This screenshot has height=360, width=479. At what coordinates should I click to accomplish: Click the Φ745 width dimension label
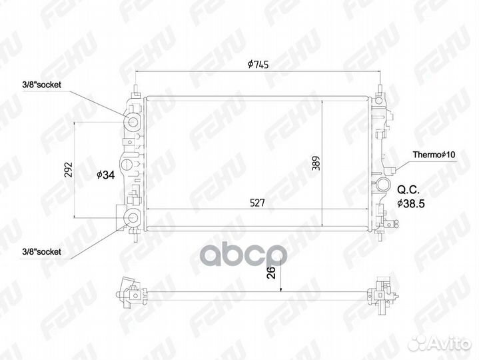point(257,65)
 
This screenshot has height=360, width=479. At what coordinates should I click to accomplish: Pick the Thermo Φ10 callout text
point(434,155)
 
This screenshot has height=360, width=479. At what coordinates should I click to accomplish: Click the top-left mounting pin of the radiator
point(136,89)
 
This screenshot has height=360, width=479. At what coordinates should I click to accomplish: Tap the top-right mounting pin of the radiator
point(381,89)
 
